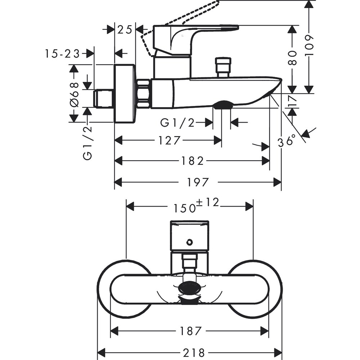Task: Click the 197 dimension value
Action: (198, 183)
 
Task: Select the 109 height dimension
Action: (309, 45)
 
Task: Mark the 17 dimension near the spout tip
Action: (292, 100)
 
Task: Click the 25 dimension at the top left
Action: (125, 30)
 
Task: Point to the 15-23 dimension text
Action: (62, 54)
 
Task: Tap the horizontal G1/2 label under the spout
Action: (177, 123)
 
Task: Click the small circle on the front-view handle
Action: (189, 242)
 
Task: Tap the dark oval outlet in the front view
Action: (189, 289)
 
